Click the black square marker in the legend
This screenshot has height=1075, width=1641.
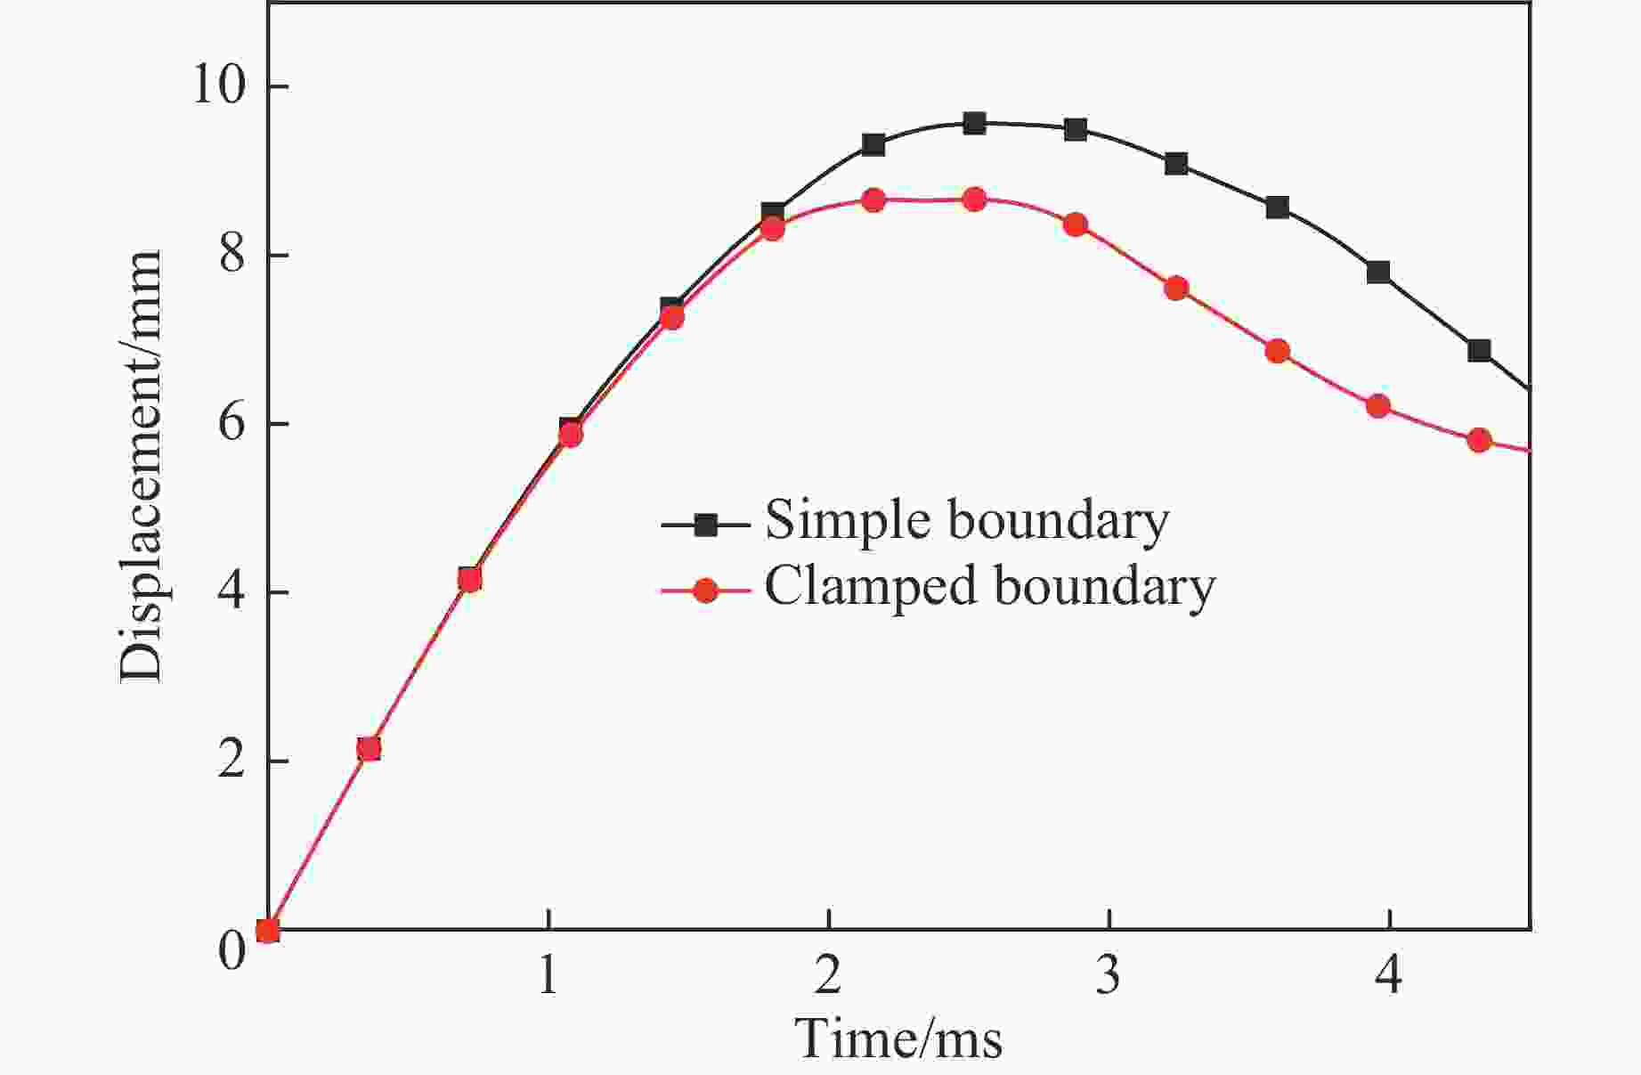tap(705, 525)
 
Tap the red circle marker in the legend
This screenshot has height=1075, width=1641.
tap(705, 590)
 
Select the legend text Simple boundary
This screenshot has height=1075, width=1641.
tap(967, 520)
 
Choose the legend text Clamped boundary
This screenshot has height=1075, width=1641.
tap(989, 586)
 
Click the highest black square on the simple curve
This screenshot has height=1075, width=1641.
tap(974, 124)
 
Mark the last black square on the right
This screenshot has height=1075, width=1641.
tap(1479, 350)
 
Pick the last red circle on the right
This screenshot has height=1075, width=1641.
tap(1479, 440)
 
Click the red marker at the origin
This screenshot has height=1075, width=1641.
tap(268, 931)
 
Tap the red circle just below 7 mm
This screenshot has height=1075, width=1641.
tap(1278, 351)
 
